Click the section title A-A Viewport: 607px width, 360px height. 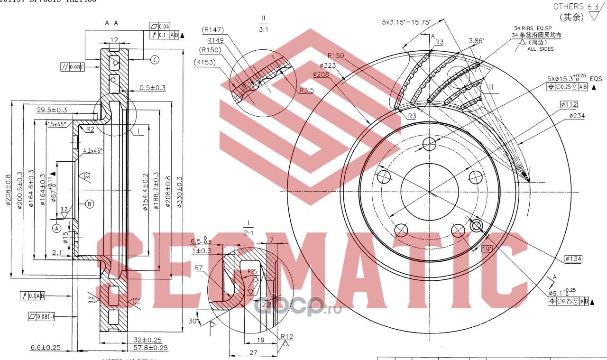(x=112, y=22)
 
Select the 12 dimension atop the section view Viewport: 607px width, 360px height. (x=114, y=40)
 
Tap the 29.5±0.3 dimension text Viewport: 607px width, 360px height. (x=52, y=110)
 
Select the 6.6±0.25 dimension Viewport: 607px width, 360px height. (x=46, y=348)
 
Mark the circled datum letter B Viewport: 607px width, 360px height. (x=90, y=204)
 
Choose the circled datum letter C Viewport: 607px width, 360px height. (x=155, y=60)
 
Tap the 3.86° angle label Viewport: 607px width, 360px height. (x=476, y=41)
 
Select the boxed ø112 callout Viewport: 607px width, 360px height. (x=568, y=104)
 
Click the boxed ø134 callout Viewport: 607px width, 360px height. (x=573, y=258)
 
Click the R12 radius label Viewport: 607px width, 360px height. (x=287, y=337)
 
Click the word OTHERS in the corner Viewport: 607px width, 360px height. (x=569, y=6)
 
